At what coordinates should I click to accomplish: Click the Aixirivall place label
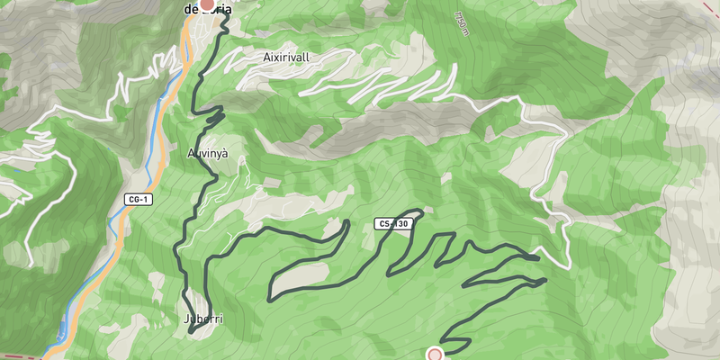click(286, 57)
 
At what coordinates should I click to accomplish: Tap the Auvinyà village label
click(208, 154)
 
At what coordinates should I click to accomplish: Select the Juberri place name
click(202, 319)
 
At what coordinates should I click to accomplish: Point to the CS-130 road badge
click(392, 223)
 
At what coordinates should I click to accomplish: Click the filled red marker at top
click(207, 4)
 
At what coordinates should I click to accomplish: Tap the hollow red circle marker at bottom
click(436, 355)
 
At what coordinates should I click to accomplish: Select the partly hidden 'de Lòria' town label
click(207, 10)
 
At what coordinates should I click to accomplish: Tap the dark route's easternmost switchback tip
click(545, 281)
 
